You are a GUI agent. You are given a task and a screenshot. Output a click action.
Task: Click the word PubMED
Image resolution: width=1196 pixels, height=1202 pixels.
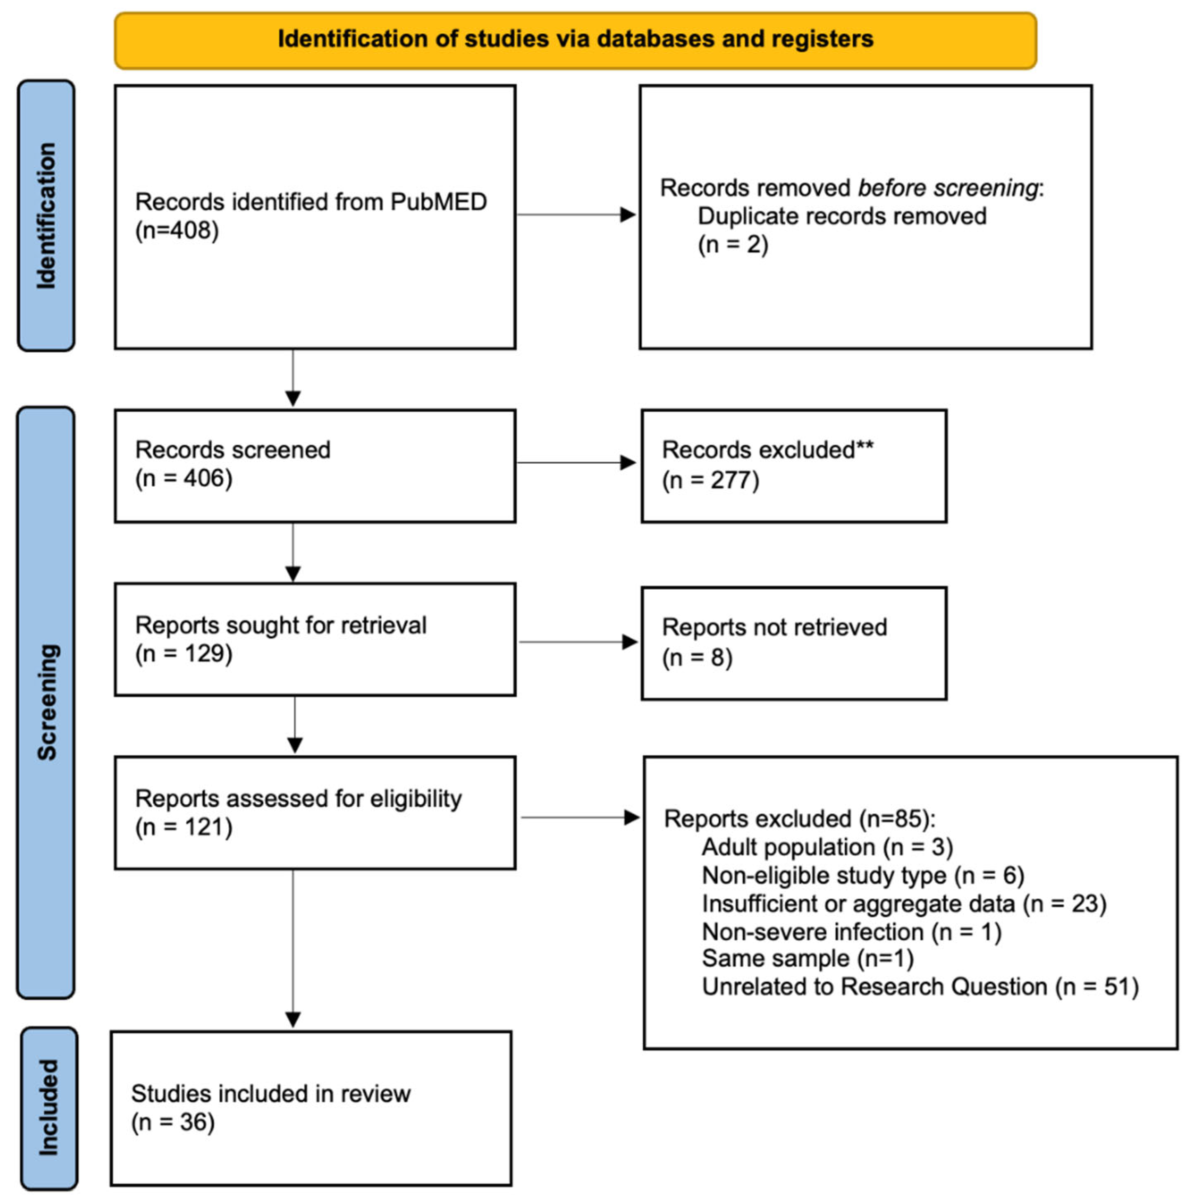tap(439, 202)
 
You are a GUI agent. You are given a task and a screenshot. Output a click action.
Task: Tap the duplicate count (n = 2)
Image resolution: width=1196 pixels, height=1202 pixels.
tap(733, 245)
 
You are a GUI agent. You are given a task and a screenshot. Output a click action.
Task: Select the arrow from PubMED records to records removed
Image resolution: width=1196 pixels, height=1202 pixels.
tap(576, 215)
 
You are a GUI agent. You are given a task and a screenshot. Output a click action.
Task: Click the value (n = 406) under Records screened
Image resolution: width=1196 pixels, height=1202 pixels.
tap(184, 478)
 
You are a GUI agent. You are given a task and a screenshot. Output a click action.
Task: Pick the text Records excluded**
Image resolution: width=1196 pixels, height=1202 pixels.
tap(767, 450)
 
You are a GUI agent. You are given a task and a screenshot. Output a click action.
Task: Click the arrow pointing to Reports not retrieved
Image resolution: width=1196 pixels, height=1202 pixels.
tap(578, 642)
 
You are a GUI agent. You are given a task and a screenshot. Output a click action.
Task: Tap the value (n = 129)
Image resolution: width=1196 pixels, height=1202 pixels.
tap(184, 654)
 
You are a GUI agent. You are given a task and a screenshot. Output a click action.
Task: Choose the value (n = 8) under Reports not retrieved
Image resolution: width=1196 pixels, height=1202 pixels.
tap(696, 658)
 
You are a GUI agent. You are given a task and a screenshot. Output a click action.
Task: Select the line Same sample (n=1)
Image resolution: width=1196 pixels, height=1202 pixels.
tap(807, 958)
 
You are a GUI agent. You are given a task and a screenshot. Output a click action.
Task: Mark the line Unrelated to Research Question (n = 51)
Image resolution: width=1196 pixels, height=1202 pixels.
tap(919, 987)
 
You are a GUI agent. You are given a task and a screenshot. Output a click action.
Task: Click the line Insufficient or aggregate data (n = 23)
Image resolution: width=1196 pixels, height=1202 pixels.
tap(904, 903)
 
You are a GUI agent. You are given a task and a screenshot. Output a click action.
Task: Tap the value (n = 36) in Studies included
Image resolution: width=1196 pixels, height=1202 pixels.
tap(172, 1123)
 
